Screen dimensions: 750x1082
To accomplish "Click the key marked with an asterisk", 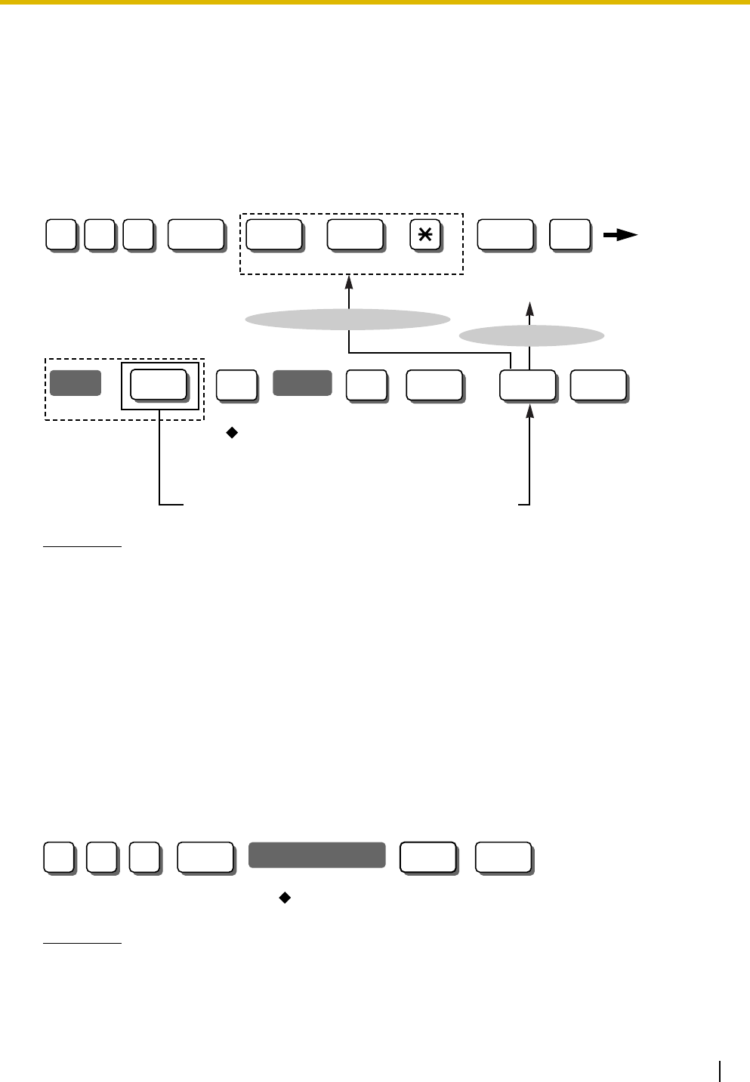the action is click(x=425, y=236).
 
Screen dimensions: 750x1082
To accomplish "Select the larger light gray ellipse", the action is click(x=348, y=320).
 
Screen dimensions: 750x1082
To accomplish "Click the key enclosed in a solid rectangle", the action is click(x=159, y=385).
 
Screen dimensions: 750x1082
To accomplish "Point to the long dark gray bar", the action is click(x=317, y=855).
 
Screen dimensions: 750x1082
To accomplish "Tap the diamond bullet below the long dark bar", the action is click(x=285, y=898).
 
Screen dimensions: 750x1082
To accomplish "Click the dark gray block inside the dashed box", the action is click(x=76, y=384).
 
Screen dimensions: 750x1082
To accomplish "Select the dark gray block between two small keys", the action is click(x=302, y=384).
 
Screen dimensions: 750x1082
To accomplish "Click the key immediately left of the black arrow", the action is click(x=569, y=236).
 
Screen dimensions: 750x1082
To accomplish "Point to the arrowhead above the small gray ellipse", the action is click(x=531, y=308).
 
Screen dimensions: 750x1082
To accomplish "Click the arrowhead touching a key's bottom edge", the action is click(x=531, y=409).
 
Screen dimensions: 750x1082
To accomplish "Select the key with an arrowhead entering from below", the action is click(x=527, y=385).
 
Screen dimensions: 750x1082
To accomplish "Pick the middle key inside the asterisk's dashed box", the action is click(x=355, y=236).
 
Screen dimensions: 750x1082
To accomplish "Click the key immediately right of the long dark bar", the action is click(x=427, y=857).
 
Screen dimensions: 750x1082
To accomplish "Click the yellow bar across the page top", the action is click(x=375, y=3).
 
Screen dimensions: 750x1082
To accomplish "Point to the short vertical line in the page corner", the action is click(x=722, y=1071).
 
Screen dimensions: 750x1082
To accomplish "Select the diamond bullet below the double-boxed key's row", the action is click(x=232, y=433).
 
